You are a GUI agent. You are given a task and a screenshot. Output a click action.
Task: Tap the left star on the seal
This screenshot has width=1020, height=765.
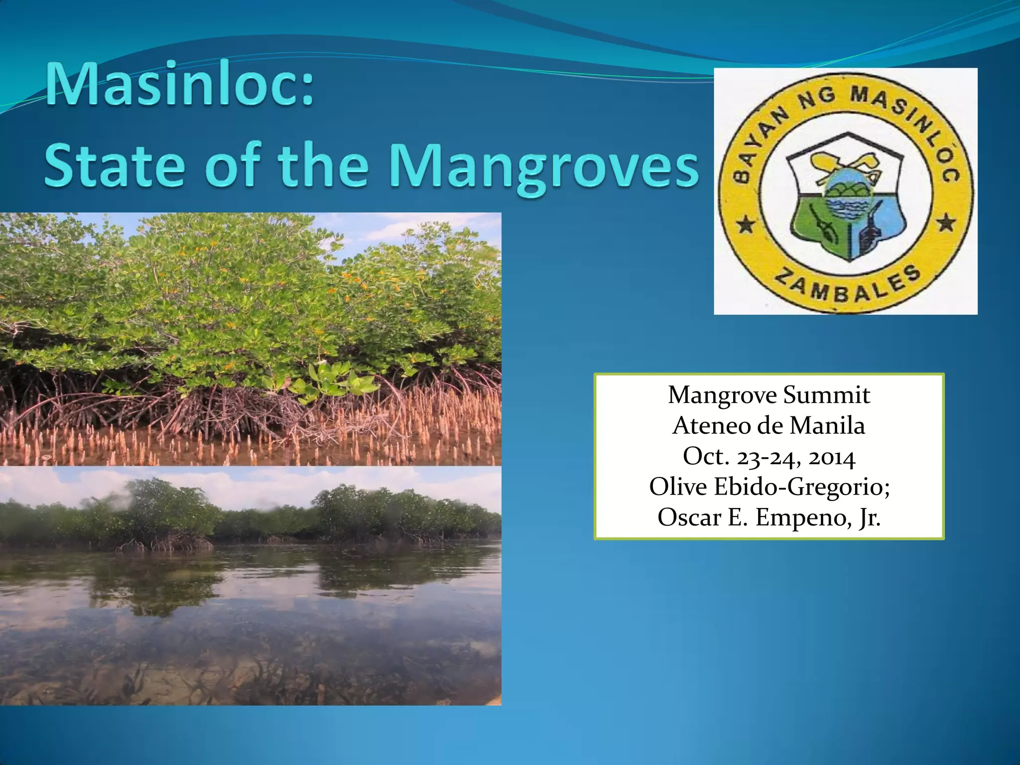tap(746, 225)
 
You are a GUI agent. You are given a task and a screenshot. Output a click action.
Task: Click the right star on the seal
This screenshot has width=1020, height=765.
tap(946, 223)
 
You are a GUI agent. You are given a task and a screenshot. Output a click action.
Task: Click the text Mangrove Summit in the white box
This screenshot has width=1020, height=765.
tap(769, 395)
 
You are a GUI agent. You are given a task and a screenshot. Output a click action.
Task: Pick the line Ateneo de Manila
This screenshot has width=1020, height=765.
tap(769, 426)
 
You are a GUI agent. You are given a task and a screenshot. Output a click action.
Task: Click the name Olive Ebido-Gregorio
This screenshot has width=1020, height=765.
tap(769, 487)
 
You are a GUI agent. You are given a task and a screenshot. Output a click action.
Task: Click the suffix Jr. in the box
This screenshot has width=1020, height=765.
tap(870, 518)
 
